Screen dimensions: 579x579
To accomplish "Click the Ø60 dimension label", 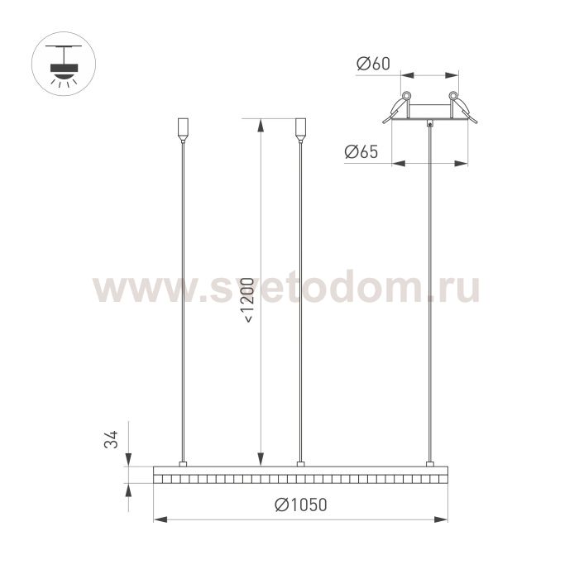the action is (x=373, y=64).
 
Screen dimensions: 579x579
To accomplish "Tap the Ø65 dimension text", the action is (x=361, y=151).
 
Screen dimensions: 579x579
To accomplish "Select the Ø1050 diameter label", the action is (x=301, y=505).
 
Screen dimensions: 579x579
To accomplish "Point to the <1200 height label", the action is (x=247, y=300).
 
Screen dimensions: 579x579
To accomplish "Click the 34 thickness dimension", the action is (x=111, y=439).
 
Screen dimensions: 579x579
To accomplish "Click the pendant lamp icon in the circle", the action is (x=64, y=64).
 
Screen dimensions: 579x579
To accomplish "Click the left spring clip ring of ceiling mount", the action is (x=406, y=96).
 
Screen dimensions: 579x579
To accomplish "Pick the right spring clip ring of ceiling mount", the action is (x=453, y=96).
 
